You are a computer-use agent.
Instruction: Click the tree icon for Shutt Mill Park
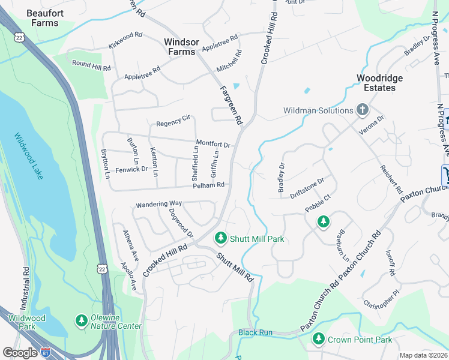[x=221, y=239]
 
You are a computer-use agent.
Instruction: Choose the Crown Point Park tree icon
[x=318, y=340]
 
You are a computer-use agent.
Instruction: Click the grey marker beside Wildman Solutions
[x=362, y=110]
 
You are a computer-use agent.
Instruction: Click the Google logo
[x=20, y=353]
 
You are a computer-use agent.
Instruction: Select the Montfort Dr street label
[x=213, y=145]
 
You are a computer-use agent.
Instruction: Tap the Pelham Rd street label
[x=208, y=185]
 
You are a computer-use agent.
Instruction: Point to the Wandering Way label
[x=158, y=204]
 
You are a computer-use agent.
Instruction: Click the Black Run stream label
[x=255, y=332]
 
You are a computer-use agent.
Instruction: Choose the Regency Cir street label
[x=173, y=124]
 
